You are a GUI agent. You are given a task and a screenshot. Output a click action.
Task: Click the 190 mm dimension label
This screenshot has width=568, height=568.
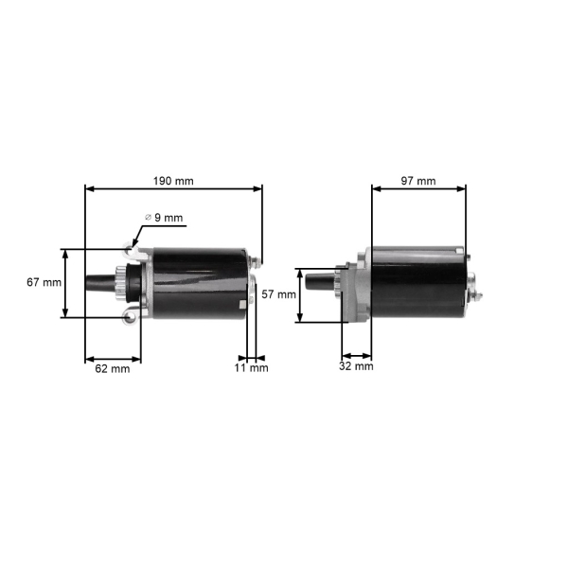[173, 180]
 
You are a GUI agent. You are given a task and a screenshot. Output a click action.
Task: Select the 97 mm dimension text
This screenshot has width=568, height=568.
[418, 180]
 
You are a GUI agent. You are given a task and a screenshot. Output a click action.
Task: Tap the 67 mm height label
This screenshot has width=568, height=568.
[44, 283]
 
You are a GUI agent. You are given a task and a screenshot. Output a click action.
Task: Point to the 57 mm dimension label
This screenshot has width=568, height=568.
[279, 294]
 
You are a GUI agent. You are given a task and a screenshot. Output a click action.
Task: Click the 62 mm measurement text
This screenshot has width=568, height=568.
[112, 369]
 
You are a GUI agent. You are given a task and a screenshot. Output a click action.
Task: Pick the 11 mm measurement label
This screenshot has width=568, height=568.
[253, 368]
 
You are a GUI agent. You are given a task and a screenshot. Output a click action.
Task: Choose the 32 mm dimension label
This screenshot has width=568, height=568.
[357, 365]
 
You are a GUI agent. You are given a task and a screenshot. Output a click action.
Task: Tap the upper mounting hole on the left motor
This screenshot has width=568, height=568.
[128, 249]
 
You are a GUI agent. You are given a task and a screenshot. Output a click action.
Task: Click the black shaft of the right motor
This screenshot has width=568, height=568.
[319, 282]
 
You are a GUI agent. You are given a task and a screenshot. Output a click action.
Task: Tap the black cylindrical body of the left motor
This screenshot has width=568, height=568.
[199, 282]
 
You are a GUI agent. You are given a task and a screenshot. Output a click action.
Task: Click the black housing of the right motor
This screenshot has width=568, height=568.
[417, 282]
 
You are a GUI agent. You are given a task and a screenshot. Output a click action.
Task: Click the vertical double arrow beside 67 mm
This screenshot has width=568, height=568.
[65, 283]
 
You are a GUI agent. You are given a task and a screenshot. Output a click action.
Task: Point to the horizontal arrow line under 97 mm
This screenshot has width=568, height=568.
[418, 188]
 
